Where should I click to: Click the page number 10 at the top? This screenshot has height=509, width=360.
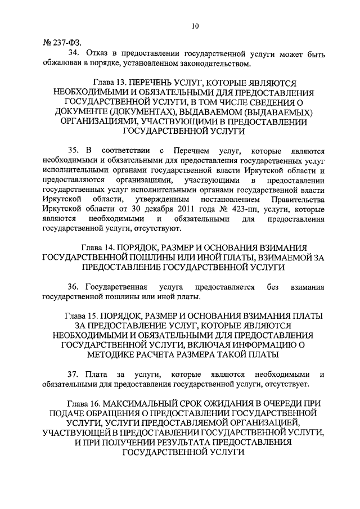click(x=195, y=25)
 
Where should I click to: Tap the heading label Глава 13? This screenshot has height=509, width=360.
click(x=101, y=82)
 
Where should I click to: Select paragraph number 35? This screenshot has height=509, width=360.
click(x=73, y=151)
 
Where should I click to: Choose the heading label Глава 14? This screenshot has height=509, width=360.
click(x=101, y=248)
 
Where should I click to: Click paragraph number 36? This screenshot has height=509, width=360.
click(x=73, y=287)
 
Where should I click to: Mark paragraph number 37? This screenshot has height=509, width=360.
click(x=73, y=375)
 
